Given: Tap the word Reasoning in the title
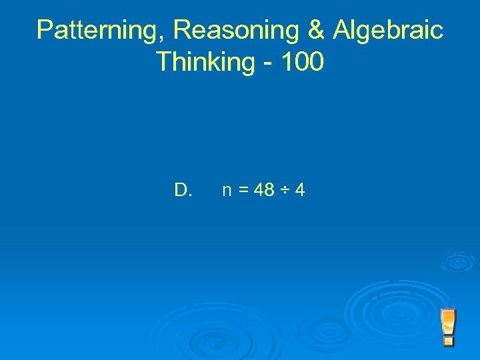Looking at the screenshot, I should click(221, 30).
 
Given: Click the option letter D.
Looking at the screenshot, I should click(183, 191).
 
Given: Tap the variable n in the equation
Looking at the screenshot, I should click(227, 192).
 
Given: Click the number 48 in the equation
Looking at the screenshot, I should click(264, 191).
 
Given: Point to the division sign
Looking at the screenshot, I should click(285, 191).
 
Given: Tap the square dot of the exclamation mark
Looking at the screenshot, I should click(449, 341).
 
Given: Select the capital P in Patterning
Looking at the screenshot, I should click(45, 30).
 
